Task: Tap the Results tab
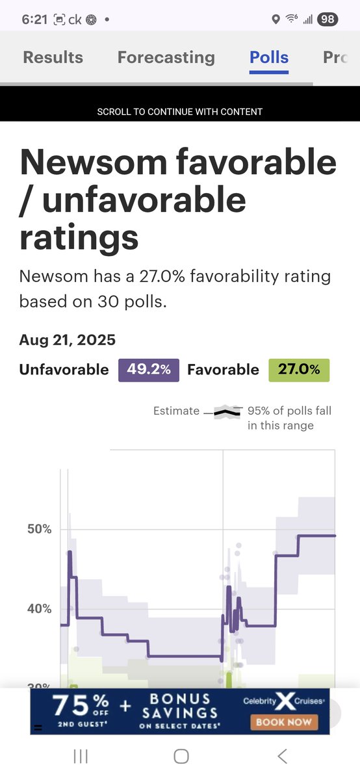coord(53,57)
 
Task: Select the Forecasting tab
coord(166,58)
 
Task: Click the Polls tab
coord(269,57)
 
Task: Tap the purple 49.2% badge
coord(149,370)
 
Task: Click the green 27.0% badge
coord(299,370)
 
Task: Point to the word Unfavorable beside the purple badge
coord(64,370)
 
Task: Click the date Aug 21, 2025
coord(67,340)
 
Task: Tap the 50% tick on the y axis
coord(40,529)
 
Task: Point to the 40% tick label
coord(40,608)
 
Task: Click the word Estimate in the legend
coord(176,411)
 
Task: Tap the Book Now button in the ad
coord(284,723)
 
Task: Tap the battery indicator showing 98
coord(328,19)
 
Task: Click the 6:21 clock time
coord(34,19)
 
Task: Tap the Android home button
coord(181,757)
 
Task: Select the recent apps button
coord(81,757)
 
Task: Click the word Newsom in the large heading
coord(94,162)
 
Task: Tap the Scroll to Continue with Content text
coord(179,112)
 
